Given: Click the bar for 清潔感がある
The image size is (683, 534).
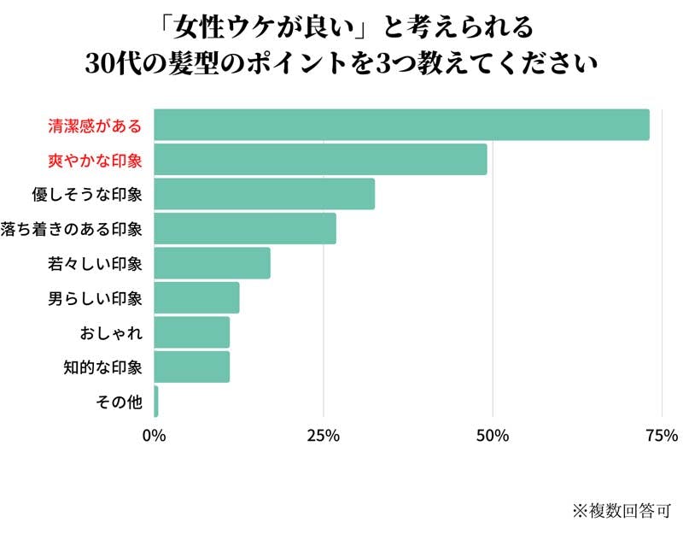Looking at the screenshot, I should tap(401, 125).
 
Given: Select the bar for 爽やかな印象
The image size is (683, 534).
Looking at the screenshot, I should tap(320, 160).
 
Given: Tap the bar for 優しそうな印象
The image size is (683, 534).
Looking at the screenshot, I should tap(264, 194).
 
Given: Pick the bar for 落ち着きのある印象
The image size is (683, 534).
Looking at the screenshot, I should tap(245, 228).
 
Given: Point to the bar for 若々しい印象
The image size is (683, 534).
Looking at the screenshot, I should tap(212, 263).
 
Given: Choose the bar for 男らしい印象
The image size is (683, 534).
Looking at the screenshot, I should tap(196, 297).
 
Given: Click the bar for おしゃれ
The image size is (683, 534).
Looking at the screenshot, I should tap(192, 332).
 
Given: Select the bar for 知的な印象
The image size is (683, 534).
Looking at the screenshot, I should tap(192, 367).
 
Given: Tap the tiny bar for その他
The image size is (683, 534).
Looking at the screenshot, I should tap(156, 402).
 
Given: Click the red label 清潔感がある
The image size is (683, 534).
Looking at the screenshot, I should tap(94, 126).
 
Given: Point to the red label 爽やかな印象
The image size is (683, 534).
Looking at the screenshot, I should tap(94, 160).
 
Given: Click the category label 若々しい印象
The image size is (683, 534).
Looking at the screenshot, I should tap(94, 263).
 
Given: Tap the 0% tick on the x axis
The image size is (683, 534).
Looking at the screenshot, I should tap(154, 437).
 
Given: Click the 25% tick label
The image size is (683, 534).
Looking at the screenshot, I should tap(323, 437).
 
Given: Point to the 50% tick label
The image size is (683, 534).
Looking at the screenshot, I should tap(493, 437).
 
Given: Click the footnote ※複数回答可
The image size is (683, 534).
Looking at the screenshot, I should tap(622, 510).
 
